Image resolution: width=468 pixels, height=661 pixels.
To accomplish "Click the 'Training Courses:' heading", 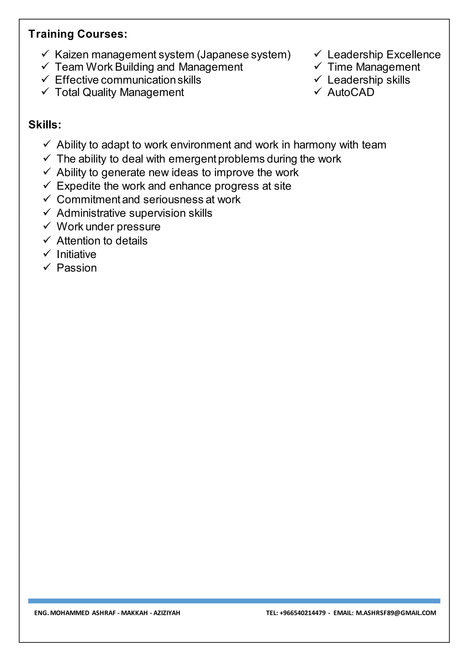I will pos(78,34).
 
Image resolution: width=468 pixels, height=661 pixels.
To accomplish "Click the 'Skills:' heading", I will pos(45,125).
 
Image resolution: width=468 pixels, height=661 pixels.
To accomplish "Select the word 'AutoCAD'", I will pos(351,92).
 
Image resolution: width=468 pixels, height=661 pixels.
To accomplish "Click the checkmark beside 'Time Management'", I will pos(318,66).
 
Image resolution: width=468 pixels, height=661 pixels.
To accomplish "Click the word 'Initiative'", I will pos(76,254).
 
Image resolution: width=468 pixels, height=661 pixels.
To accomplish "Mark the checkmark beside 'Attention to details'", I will pos(47,240).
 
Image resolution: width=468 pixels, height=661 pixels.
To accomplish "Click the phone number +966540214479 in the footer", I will pos(302,613).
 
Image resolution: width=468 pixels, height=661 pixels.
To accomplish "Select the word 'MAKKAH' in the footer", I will pos(134,613).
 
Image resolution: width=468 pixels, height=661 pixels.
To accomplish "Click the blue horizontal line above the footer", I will pos(234,601).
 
